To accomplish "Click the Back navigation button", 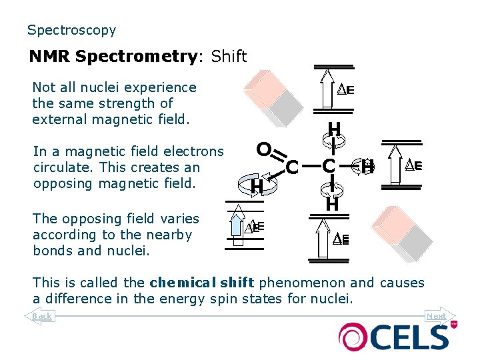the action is [x=41, y=315].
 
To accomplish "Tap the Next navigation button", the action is [x=437, y=316].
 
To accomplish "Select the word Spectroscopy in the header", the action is [x=71, y=30].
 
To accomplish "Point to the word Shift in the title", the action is [x=229, y=57].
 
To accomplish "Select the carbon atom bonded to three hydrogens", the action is [x=328, y=166].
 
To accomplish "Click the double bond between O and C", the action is [x=276, y=155].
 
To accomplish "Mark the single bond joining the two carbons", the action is [x=310, y=166].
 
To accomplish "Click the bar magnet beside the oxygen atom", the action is [x=265, y=97].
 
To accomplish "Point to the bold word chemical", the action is [x=179, y=283].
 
